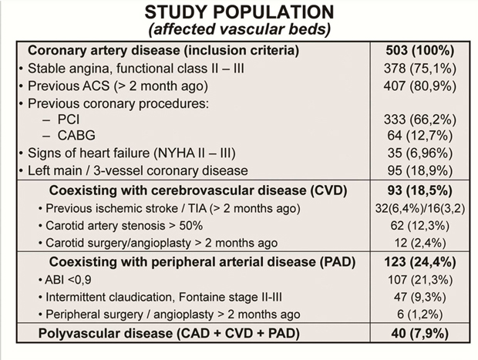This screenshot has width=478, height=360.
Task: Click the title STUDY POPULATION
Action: coord(239,12)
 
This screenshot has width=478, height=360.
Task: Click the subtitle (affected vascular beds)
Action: coord(240,30)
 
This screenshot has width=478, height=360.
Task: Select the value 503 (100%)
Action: coord(419,50)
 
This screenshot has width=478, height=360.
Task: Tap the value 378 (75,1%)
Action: coord(420,69)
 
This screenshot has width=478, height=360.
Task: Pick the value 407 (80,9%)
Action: coord(420,86)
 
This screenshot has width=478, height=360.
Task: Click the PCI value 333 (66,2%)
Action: coord(420,119)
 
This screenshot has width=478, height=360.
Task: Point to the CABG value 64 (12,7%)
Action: coord(420,136)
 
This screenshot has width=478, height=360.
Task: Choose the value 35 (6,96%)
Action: coord(420,153)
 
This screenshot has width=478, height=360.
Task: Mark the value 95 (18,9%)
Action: coord(420,170)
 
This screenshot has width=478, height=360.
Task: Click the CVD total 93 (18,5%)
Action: coord(420,190)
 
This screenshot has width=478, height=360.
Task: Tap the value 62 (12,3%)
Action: coord(420,226)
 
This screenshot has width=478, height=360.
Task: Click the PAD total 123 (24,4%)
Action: coord(420,262)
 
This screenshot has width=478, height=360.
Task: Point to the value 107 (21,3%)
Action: coord(420,280)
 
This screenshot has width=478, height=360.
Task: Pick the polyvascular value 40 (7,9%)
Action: coord(420,333)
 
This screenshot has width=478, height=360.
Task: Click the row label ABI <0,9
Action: coord(65,280)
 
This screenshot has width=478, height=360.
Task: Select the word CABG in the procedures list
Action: coord(76,136)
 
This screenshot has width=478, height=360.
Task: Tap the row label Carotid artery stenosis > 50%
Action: coord(121,226)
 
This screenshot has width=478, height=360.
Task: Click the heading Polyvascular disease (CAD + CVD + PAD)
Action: coord(169,334)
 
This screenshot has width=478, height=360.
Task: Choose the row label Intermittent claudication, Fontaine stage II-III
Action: coord(160,297)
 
